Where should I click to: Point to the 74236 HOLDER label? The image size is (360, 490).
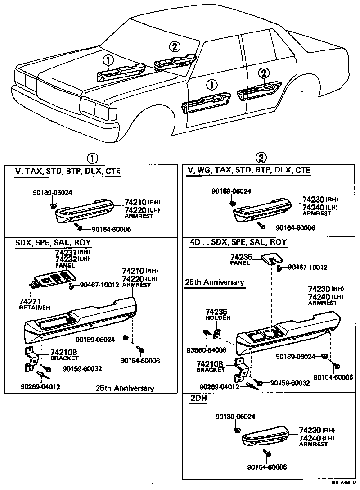click(218, 314)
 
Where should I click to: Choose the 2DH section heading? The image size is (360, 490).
click(197, 398)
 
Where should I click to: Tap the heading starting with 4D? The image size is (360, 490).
click(238, 242)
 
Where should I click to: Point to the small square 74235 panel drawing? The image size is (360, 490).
click(271, 259)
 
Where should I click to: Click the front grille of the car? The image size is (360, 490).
click(58, 93)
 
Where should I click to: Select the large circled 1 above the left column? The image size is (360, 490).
click(92, 158)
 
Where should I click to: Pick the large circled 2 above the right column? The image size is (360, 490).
click(261, 158)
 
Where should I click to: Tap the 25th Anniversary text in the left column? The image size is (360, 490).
click(125, 388)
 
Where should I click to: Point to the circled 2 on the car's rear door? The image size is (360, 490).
click(264, 73)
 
